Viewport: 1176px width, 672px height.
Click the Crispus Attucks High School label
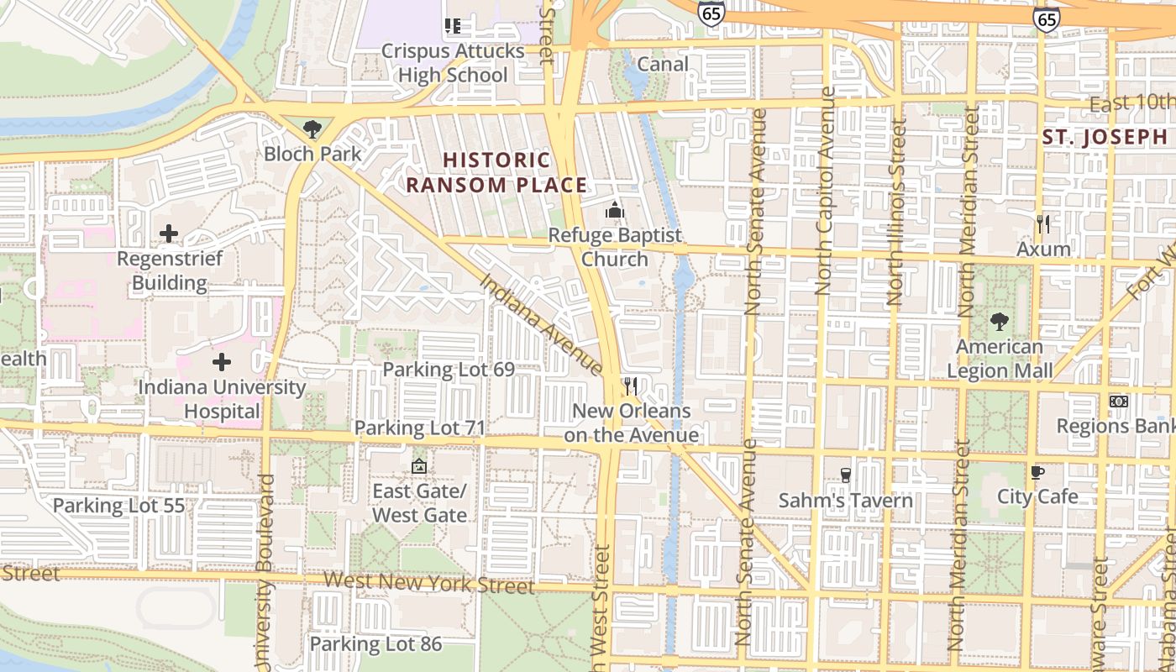(453, 63)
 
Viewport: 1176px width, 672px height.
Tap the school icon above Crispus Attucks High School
(454, 27)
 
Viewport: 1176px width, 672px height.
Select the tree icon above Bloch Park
(312, 129)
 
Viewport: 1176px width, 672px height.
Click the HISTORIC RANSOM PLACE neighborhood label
(497, 172)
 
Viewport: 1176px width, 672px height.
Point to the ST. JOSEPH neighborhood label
(1105, 137)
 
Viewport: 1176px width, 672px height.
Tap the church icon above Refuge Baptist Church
(615, 210)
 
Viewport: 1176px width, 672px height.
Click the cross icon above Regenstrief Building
(169, 233)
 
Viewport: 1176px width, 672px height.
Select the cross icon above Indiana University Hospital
(222, 362)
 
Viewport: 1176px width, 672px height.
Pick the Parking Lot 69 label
(449, 370)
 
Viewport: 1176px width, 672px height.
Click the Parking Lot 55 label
(118, 506)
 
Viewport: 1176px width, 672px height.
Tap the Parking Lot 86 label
(375, 644)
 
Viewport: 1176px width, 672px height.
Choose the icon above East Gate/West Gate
(419, 465)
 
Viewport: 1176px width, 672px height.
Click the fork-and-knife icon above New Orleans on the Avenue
(631, 386)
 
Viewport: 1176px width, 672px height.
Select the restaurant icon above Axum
(1043, 224)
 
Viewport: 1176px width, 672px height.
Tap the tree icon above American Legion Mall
(999, 321)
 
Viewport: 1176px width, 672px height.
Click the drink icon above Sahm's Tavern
(845, 475)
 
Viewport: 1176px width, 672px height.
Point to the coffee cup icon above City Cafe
(1037, 472)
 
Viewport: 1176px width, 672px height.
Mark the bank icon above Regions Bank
(1118, 402)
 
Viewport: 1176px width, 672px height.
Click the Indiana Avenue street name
(542, 323)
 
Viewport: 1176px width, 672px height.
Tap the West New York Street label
(428, 582)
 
